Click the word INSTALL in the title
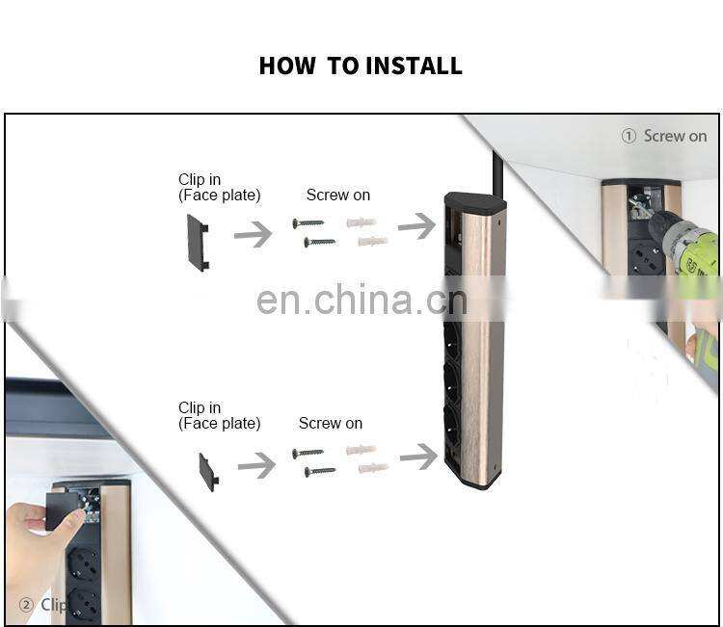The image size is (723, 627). [x=413, y=65]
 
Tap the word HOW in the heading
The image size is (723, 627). [x=287, y=65]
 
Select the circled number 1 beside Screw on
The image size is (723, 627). [x=629, y=136]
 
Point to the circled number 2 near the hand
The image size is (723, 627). [x=26, y=605]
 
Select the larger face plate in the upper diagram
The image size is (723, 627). [x=197, y=242]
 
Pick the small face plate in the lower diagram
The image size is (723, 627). [x=208, y=471]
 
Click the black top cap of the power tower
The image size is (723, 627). [x=474, y=204]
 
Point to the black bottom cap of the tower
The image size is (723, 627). [x=472, y=479]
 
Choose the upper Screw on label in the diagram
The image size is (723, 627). [x=337, y=195]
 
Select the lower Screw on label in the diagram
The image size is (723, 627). [x=330, y=423]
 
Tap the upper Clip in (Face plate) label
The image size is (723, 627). [x=219, y=187]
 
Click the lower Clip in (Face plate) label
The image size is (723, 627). [x=219, y=415]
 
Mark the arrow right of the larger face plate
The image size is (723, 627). [x=253, y=234]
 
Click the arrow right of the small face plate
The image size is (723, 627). [x=256, y=466]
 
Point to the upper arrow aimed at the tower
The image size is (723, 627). [x=416, y=226]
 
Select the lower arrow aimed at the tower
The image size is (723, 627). [x=418, y=457]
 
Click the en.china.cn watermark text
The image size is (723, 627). [x=361, y=300]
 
